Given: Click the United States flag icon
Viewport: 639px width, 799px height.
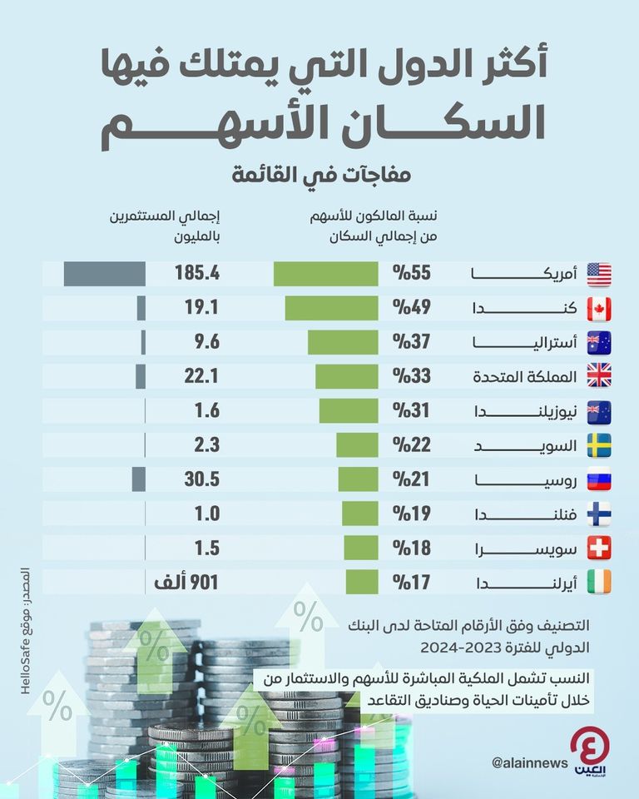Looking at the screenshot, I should (x=598, y=274).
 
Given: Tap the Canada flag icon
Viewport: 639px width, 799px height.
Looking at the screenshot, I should (x=598, y=308).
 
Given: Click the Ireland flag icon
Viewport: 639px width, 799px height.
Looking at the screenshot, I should (x=598, y=581).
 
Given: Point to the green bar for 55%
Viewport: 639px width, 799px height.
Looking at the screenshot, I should (x=325, y=274).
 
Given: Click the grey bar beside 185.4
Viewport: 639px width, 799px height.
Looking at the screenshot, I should (x=105, y=274).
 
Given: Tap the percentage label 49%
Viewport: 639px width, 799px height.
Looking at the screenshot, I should (x=411, y=308).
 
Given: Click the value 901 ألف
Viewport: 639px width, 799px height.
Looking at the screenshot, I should (x=186, y=581).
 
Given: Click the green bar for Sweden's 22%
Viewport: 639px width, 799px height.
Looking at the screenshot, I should (x=357, y=444).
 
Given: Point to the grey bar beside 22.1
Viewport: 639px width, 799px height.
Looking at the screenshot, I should (x=141, y=376).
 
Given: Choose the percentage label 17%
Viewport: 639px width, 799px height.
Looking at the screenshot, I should (x=411, y=581).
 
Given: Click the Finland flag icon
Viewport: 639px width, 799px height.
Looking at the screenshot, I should (x=598, y=513).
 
